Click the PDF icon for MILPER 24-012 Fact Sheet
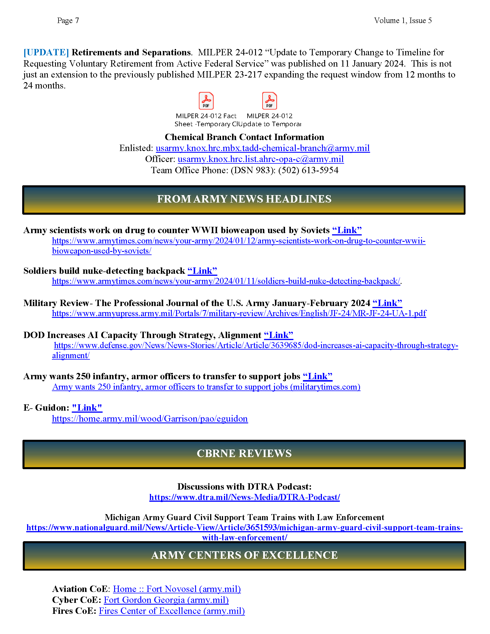(x=206, y=101)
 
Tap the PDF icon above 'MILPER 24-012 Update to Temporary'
(x=269, y=101)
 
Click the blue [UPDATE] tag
(x=46, y=52)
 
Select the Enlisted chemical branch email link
(x=263, y=148)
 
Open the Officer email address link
(x=261, y=159)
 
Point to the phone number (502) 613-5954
(x=308, y=170)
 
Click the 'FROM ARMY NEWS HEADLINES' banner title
(x=244, y=199)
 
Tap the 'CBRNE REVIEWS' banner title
(x=244, y=453)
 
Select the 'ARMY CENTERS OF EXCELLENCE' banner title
(x=244, y=555)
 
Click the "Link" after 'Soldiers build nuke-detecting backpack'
(x=202, y=271)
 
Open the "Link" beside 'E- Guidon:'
(x=87, y=408)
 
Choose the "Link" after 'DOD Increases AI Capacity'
(x=278, y=335)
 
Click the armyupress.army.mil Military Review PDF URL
(x=239, y=314)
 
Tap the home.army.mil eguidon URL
(x=150, y=419)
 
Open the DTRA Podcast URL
(x=244, y=497)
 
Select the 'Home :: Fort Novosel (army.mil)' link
(x=177, y=589)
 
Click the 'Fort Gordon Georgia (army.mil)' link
(x=166, y=600)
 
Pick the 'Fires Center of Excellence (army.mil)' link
(x=172, y=611)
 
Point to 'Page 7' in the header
(x=68, y=21)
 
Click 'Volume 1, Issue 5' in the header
(x=403, y=21)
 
